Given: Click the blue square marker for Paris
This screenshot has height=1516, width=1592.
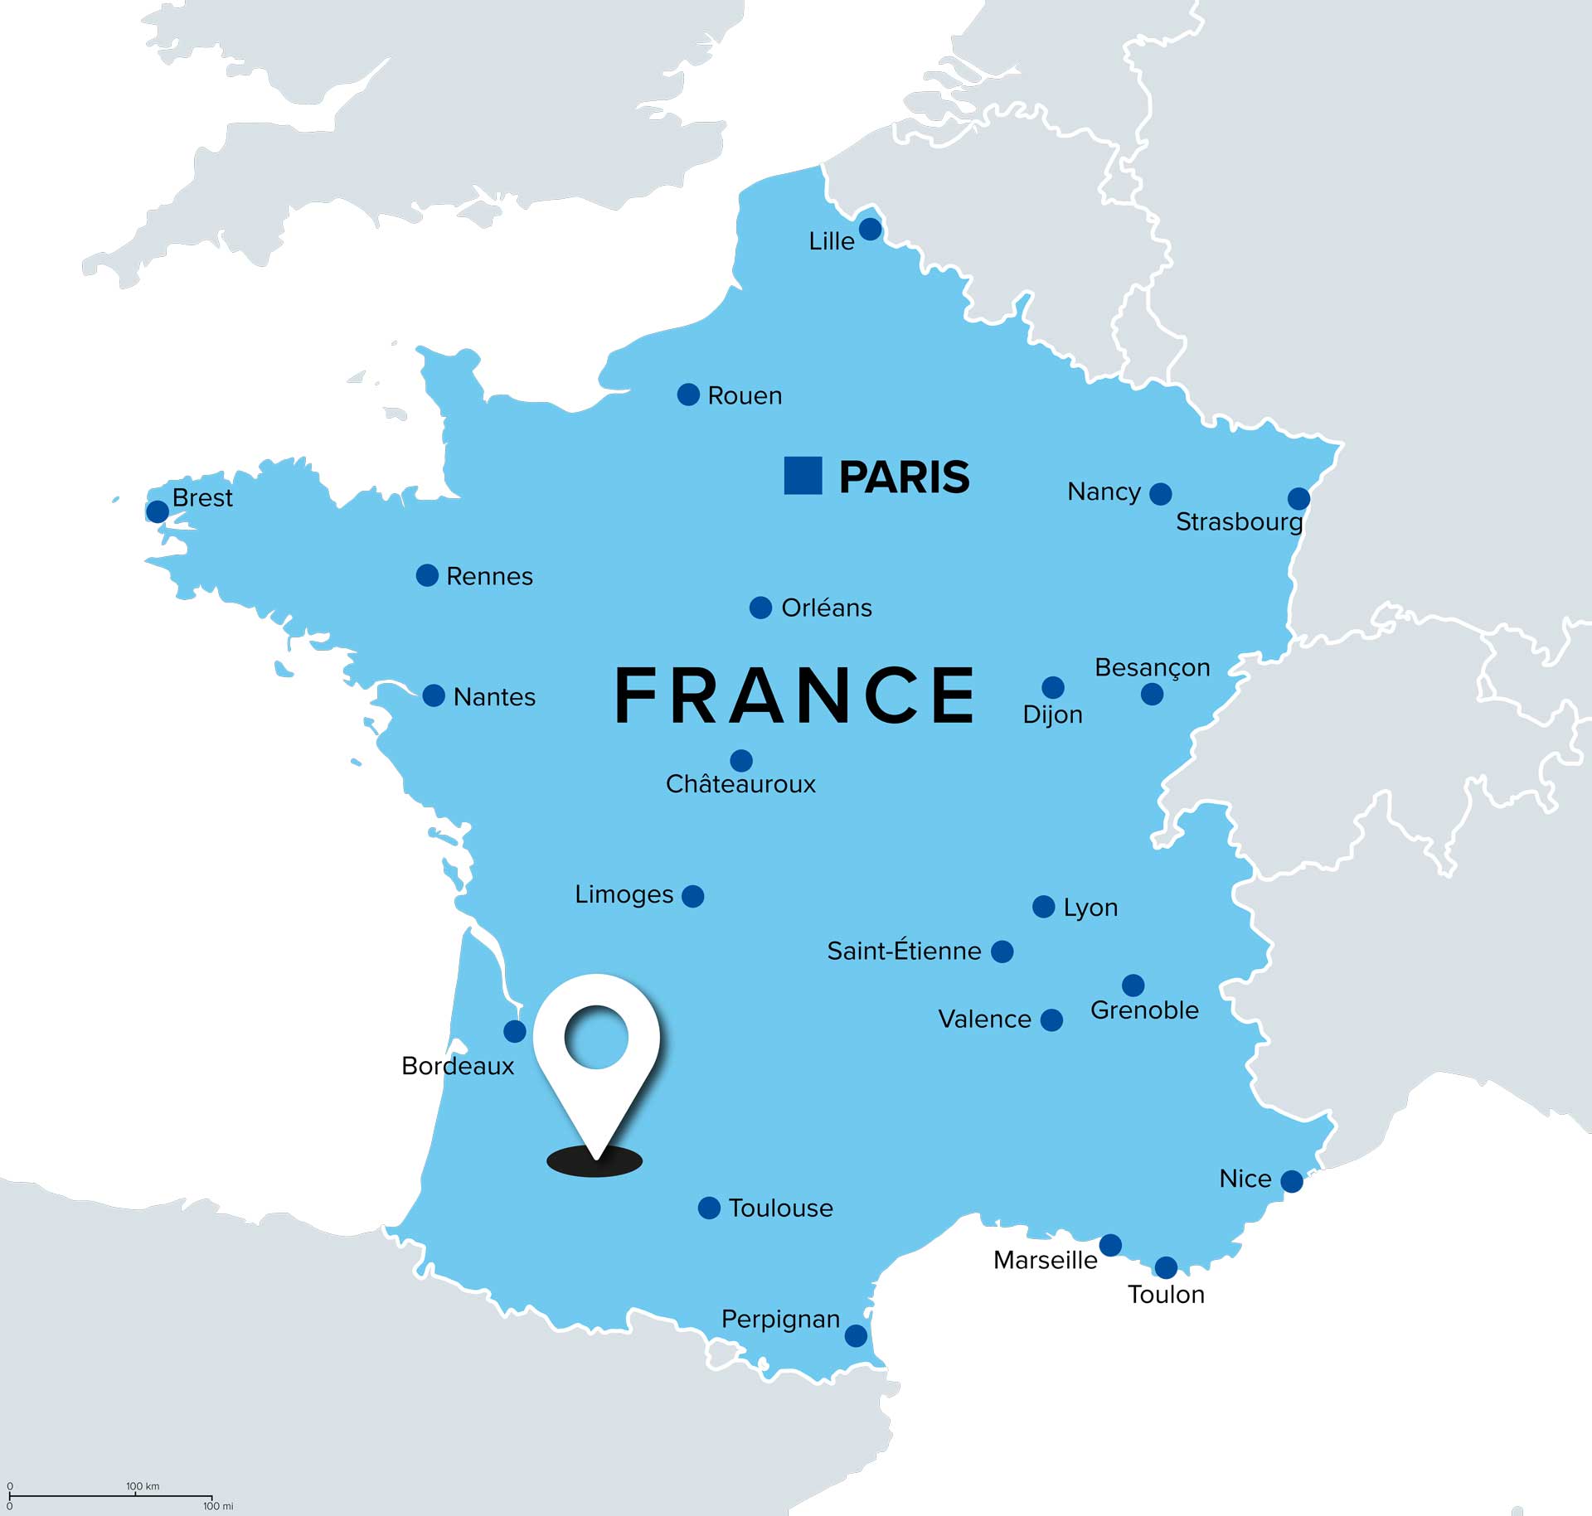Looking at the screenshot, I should [803, 476].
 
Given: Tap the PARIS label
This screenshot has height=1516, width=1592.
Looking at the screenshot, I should [904, 477].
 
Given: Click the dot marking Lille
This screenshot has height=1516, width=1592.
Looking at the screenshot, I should [870, 229].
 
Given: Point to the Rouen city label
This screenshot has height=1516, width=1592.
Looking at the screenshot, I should [745, 395].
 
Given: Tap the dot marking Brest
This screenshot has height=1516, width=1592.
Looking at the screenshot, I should [158, 511].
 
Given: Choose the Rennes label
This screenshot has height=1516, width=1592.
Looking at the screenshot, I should [489, 576].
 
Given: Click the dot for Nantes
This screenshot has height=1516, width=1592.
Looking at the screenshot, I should [434, 695].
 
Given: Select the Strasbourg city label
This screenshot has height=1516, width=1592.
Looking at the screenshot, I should [1239, 521].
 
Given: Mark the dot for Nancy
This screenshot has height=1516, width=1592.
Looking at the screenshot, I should [1161, 494].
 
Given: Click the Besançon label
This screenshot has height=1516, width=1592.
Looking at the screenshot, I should [1152, 667].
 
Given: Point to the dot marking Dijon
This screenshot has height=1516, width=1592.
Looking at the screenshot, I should [1053, 687].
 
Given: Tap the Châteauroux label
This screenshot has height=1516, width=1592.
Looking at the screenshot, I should [740, 784].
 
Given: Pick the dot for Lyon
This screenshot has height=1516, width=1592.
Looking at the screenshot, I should [1043, 907].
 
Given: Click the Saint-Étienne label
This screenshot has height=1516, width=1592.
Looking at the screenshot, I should [904, 951].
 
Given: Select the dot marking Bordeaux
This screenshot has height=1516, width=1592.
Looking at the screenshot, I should [515, 1031].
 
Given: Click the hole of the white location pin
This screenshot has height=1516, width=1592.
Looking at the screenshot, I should [596, 1036].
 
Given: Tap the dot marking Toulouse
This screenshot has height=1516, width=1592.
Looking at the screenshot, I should [709, 1208].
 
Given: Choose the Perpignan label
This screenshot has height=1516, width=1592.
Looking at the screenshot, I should [780, 1319].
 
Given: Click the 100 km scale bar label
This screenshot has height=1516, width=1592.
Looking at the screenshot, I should [143, 1486].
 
